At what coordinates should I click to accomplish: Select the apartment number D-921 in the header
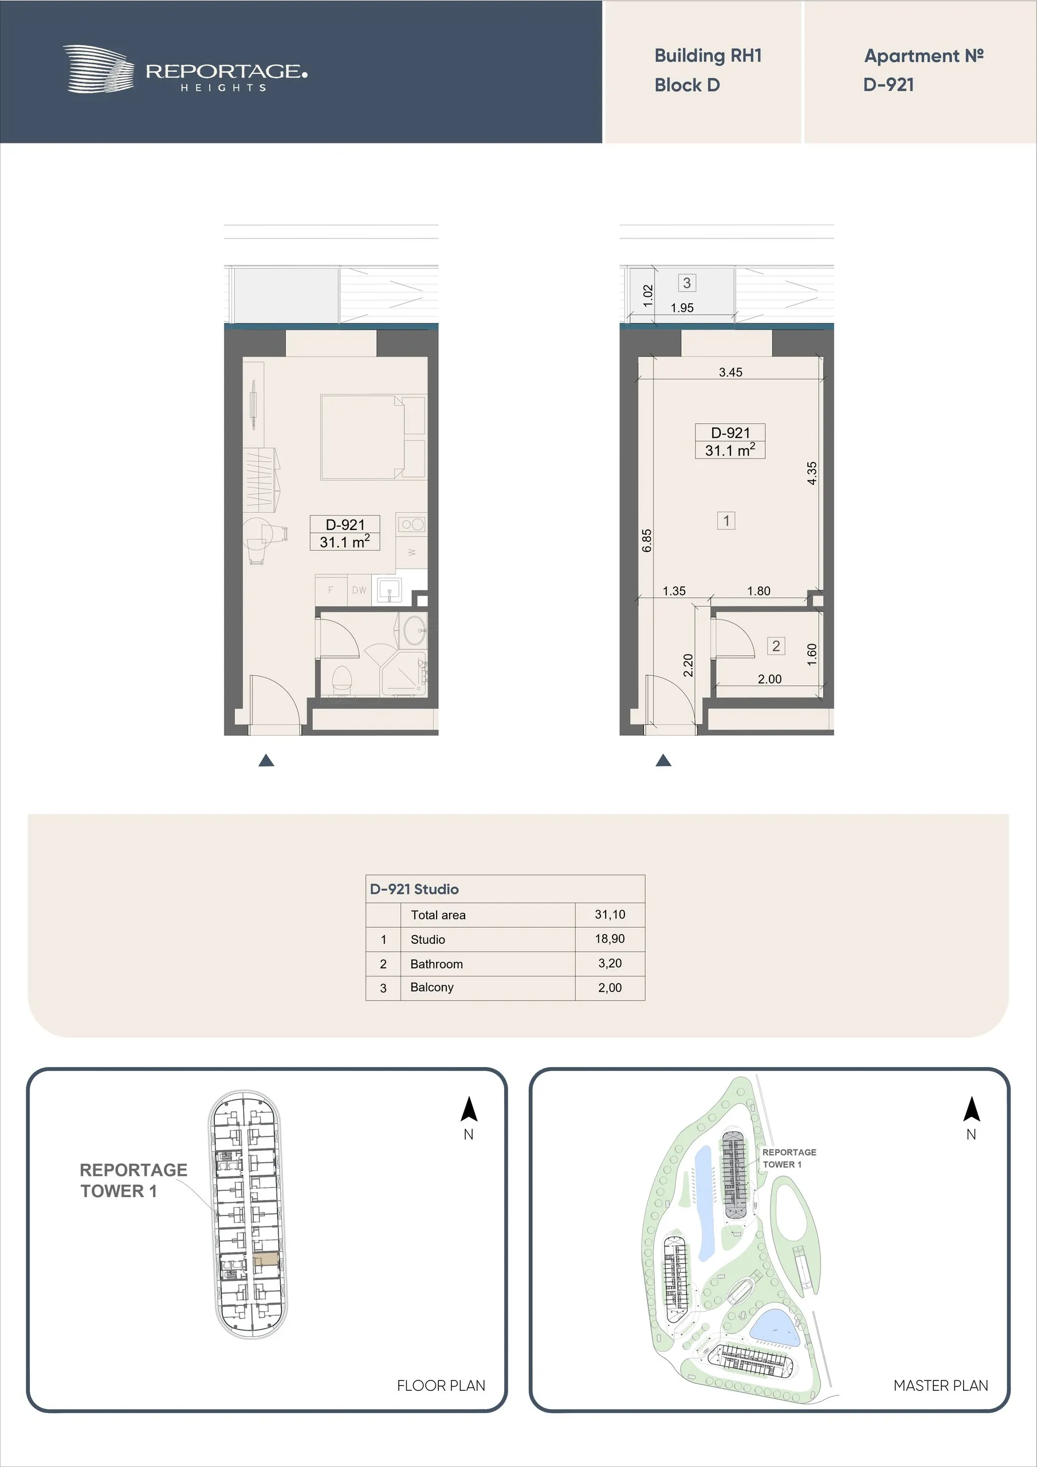[888, 84]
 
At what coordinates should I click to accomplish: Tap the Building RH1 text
[708, 56]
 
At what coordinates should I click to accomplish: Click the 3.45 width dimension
[730, 372]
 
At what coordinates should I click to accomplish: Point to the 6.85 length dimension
[647, 540]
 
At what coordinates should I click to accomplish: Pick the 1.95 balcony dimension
[682, 308]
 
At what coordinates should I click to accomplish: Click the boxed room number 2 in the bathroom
[776, 646]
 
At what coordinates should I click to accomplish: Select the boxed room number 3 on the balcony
[687, 283]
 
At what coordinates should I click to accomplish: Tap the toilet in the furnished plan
[343, 680]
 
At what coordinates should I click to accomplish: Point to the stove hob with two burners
[411, 524]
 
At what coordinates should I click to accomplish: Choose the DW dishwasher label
[359, 590]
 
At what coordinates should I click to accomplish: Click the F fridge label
[331, 590]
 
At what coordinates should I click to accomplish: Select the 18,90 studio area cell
[610, 939]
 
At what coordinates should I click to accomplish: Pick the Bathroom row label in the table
[437, 963]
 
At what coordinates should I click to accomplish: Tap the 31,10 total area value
[610, 915]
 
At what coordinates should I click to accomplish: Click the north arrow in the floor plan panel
[469, 1109]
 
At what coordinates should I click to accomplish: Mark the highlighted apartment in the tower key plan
[266, 1261]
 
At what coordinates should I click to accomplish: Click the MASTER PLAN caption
[941, 1385]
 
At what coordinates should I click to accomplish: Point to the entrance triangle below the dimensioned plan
[663, 760]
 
